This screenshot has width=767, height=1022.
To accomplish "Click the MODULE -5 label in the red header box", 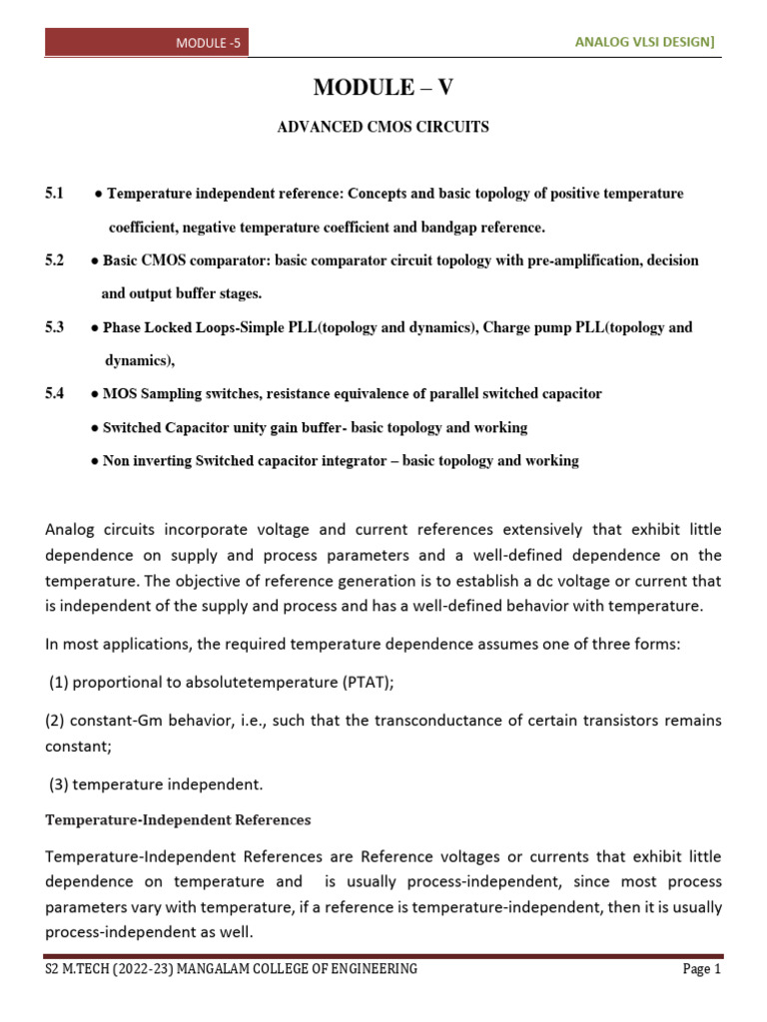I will [x=209, y=43].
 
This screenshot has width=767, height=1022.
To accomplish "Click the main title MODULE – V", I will [x=383, y=88].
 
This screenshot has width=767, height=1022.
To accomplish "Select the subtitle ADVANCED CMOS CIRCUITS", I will [x=383, y=128].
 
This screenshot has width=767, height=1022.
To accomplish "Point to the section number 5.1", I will [x=54, y=194].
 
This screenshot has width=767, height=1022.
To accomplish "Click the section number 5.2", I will [x=54, y=260].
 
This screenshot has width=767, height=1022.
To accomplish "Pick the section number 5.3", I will [x=54, y=327].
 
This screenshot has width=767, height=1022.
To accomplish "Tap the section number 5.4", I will [x=54, y=394].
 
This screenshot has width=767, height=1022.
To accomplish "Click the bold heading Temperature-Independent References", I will [x=178, y=820].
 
